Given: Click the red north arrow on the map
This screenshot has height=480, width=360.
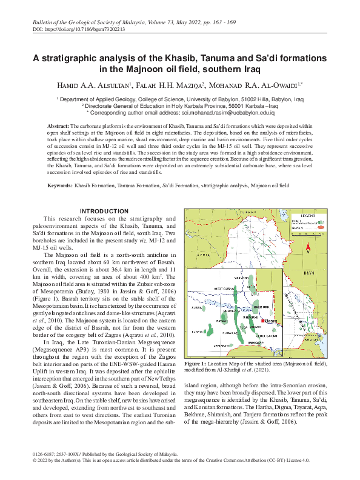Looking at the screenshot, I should tap(308, 246).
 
